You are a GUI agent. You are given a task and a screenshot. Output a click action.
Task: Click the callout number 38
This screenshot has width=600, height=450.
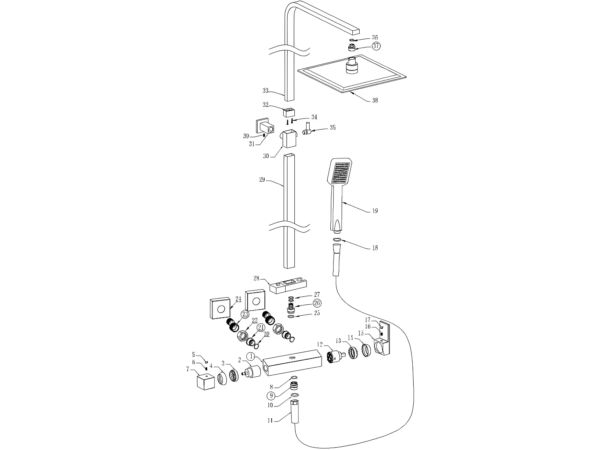375,100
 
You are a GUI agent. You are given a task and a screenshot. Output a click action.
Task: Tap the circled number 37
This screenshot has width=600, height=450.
376,46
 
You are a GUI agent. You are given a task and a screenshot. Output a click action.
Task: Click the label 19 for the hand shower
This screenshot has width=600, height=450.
374,211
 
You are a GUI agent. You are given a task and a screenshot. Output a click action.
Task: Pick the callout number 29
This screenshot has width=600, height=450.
262,180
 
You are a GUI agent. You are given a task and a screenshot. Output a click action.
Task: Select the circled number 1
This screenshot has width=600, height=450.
251,356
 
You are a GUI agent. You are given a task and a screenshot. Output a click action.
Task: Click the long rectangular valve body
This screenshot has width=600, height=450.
293,362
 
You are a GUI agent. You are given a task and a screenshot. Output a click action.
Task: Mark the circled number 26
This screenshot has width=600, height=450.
317,303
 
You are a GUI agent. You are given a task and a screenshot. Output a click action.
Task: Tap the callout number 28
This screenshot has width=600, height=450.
256,278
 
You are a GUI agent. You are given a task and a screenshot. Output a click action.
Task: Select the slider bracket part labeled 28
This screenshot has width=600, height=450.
288,286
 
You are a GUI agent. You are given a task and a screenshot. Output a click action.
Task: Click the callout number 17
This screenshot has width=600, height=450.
368,320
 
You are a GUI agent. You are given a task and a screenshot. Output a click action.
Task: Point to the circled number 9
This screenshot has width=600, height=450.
272,396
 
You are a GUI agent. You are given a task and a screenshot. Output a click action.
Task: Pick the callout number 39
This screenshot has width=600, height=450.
246,136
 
